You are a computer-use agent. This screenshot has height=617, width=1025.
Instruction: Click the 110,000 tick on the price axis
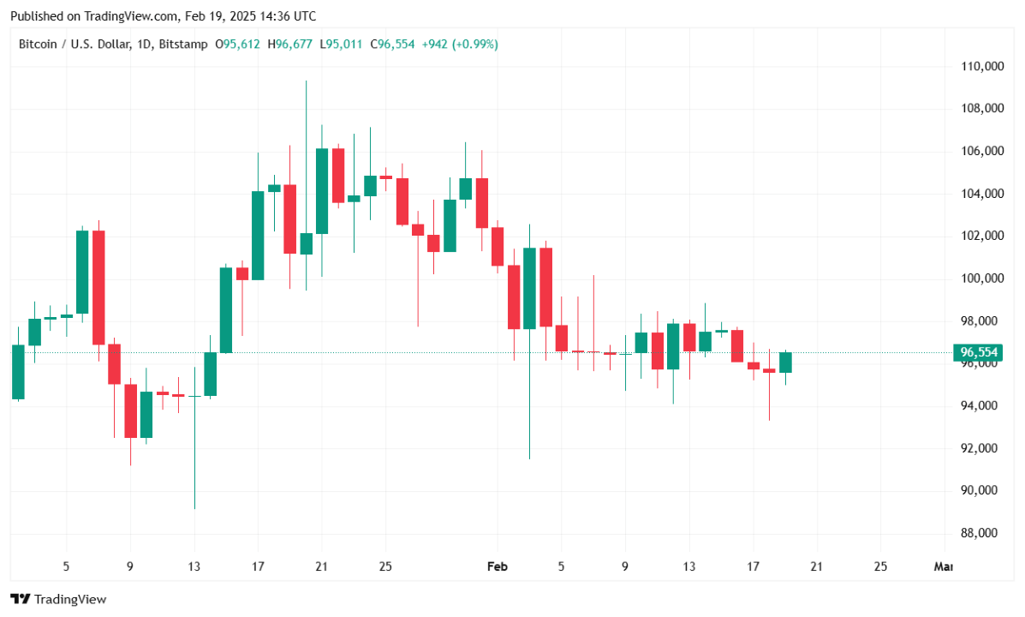(x=982, y=66)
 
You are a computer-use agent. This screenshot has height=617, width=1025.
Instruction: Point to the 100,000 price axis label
(x=982, y=279)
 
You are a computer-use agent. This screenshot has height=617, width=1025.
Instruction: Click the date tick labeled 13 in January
(x=194, y=566)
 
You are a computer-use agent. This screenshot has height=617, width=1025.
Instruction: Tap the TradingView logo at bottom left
(x=58, y=599)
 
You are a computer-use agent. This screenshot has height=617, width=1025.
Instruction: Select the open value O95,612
(x=239, y=44)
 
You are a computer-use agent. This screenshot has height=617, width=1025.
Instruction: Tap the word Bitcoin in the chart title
(x=39, y=44)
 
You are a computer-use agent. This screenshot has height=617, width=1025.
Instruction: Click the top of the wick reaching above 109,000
(x=306, y=82)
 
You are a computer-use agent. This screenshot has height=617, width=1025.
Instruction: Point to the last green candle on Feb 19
(x=785, y=362)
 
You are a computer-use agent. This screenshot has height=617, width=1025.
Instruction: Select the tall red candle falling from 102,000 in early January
(x=98, y=287)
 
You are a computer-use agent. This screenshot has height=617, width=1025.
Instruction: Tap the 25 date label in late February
(x=880, y=566)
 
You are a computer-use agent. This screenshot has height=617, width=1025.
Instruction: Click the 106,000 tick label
(x=982, y=152)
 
